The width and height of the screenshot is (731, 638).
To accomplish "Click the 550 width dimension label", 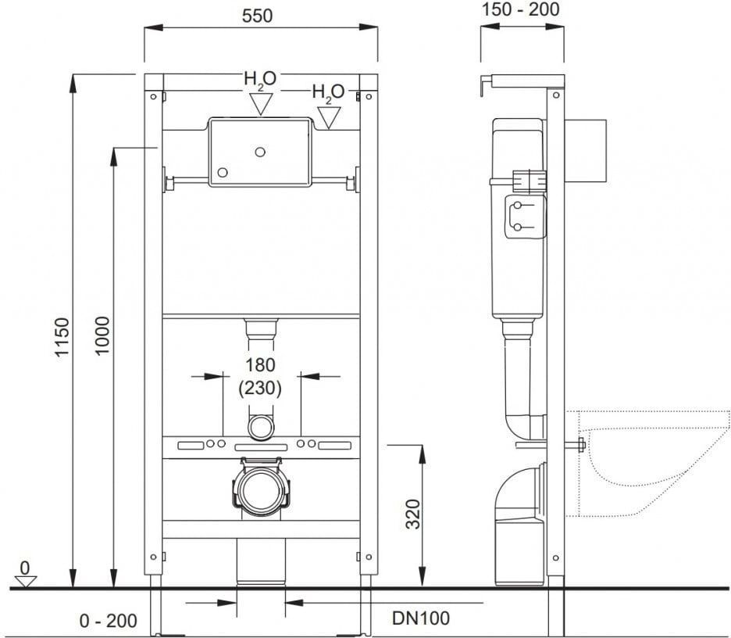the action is point(257,16).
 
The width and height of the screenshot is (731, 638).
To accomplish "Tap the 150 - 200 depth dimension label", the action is point(520,9).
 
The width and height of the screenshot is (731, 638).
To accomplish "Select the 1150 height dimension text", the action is point(62,338).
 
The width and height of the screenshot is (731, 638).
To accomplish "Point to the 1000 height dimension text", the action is point(102,336).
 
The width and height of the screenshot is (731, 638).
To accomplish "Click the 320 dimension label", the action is point(412,514).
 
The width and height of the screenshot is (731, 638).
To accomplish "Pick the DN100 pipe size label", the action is point(421,618).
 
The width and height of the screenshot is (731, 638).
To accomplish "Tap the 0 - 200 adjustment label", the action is point(108,621).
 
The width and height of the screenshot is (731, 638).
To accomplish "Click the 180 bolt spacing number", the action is point(260,365).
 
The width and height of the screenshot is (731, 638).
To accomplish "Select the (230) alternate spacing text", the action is point(260,388).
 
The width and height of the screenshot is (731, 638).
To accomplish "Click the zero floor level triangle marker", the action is point(26,582).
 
